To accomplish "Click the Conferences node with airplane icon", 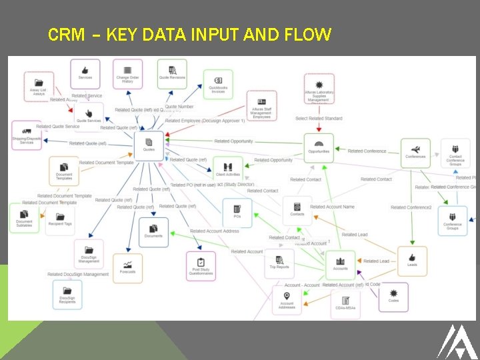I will coord(415,153).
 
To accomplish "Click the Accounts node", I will coord(341,264).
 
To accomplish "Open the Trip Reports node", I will coord(279,263).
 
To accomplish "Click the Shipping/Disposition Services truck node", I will coord(27,135).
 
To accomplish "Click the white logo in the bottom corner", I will coord(455,341).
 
